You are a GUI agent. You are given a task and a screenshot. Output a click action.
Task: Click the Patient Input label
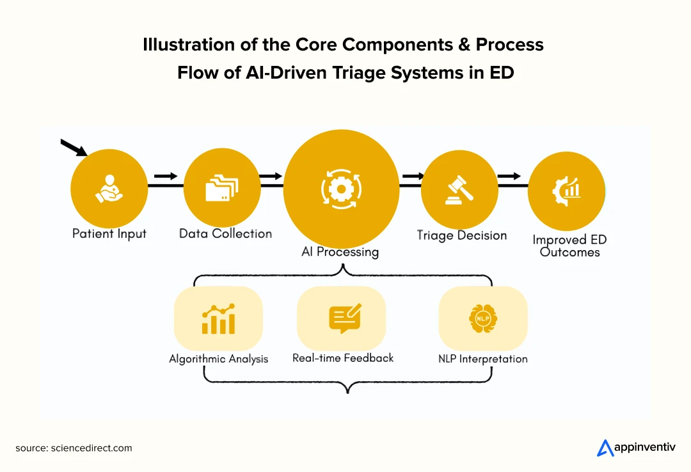click(109, 233)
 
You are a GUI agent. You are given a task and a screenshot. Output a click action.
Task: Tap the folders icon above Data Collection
click(221, 188)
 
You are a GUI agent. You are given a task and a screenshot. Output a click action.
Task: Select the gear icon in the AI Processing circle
click(341, 189)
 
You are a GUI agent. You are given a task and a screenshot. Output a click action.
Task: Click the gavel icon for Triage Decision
click(459, 190)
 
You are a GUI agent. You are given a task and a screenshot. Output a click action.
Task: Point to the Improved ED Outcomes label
click(569, 246)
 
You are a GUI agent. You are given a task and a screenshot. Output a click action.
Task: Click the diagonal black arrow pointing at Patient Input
click(74, 148)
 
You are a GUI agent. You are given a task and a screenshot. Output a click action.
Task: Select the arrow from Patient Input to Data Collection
click(166, 177)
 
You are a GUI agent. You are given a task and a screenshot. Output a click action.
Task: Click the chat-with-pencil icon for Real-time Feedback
click(345, 319)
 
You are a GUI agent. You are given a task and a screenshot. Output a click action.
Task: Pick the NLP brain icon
click(483, 319)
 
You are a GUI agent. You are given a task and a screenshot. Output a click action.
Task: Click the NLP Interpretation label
click(482, 359)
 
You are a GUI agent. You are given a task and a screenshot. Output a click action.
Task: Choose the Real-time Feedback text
click(343, 358)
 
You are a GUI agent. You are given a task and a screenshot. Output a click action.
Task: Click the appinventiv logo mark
click(605, 448)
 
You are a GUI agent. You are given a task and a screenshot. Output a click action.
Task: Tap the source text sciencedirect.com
click(91, 448)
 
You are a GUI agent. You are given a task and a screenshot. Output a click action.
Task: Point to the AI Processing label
click(340, 251)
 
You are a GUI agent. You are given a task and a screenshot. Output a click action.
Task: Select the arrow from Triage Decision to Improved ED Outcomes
click(509, 177)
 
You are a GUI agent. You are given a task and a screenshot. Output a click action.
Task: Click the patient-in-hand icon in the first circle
click(109, 189)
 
